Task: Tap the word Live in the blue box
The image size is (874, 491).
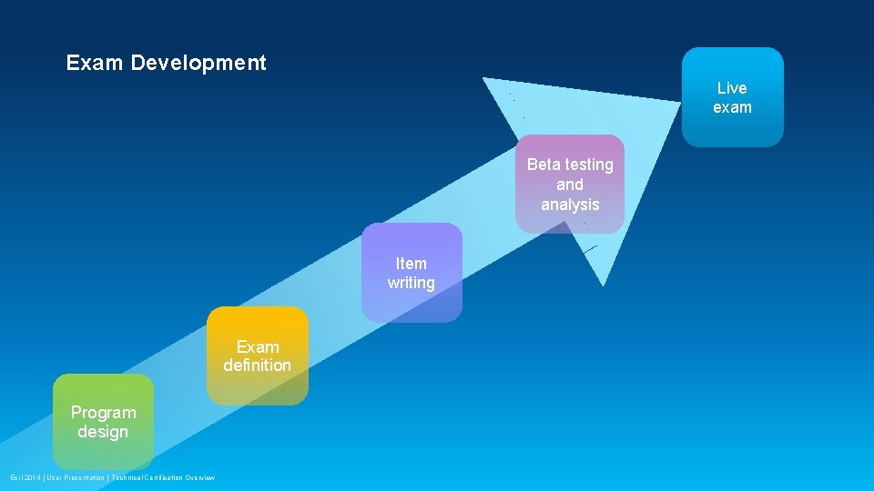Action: [732, 88]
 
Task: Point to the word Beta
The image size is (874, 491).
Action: [544, 165]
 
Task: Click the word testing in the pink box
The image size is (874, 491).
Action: [589, 165]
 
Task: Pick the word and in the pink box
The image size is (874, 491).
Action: [570, 185]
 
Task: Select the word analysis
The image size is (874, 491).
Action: [570, 205]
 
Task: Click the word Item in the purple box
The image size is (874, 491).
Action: [411, 264]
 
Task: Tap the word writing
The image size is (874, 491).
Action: [411, 283]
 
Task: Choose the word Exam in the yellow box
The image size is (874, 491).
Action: [258, 346]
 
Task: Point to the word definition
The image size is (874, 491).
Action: [258, 366]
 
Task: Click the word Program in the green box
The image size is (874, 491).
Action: [103, 413]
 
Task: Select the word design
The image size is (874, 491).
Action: [103, 432]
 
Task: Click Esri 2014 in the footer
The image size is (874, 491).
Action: [25, 477]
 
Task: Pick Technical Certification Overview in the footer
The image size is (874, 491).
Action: [164, 477]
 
